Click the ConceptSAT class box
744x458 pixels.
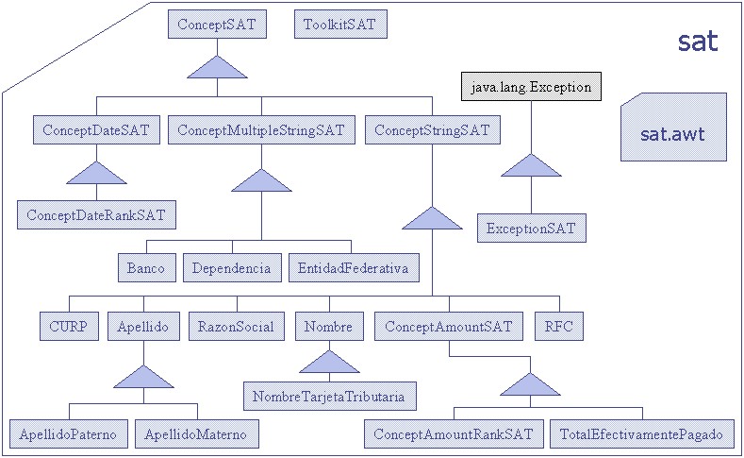tap(217, 25)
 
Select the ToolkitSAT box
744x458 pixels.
tap(340, 25)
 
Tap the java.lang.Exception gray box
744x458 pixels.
tap(531, 87)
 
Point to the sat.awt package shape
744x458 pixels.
tap(673, 127)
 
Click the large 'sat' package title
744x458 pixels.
tap(698, 42)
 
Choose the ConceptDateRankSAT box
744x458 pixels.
tap(96, 214)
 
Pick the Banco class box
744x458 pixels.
tap(146, 267)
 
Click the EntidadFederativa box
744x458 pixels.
tap(354, 267)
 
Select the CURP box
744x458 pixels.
tap(69, 326)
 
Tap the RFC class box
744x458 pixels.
tap(559, 326)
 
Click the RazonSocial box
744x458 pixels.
tap(237, 326)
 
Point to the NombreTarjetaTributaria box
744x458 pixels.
tap(330, 396)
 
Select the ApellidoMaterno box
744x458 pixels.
tap(197, 433)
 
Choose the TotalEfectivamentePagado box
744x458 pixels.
tap(642, 433)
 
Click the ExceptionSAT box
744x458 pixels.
tap(532, 228)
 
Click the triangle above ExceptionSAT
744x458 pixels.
tap(532, 167)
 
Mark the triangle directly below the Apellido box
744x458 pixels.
tap(143, 378)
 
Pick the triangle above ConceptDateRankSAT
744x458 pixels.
tap(96, 175)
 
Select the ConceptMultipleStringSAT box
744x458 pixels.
tap(261, 129)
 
